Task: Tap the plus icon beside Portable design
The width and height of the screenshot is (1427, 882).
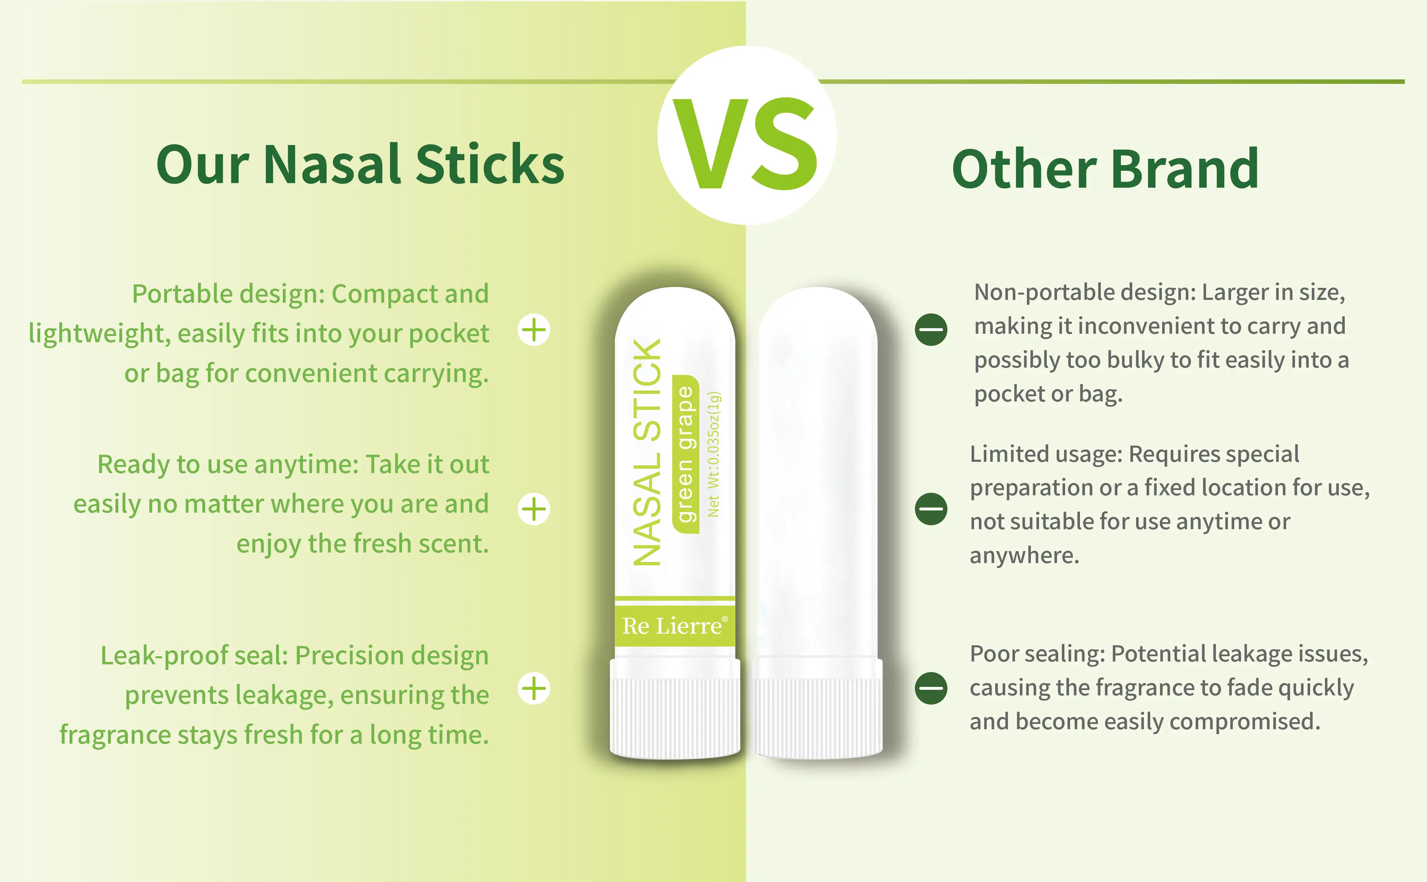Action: coord(533,330)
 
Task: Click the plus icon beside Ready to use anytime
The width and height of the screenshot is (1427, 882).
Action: coord(533,509)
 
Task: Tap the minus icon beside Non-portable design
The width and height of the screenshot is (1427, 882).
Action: coord(931,330)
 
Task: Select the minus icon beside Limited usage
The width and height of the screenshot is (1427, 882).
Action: coord(931,509)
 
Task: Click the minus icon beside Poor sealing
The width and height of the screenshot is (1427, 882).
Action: coord(931,688)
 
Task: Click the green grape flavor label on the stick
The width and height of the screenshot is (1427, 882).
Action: coord(685,454)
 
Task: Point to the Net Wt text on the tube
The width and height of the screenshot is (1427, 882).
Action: coord(713,454)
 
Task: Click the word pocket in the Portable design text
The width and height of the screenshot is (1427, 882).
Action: coord(448,334)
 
